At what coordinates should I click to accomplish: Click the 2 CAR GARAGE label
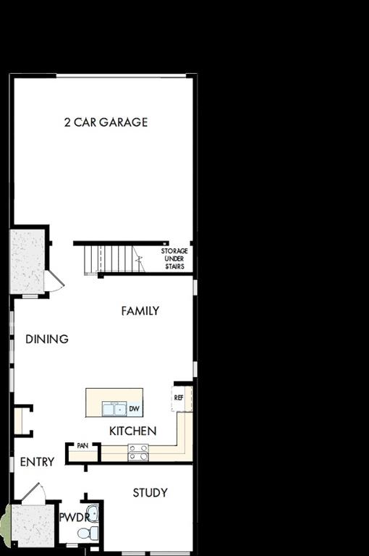(x=106, y=122)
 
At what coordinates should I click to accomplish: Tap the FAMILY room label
(x=140, y=311)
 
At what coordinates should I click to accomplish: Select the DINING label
(x=47, y=339)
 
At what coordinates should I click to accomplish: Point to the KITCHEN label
(x=132, y=431)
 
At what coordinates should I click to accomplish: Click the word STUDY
(x=150, y=493)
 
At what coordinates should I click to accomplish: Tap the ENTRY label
(x=37, y=462)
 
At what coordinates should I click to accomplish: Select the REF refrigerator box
(x=179, y=397)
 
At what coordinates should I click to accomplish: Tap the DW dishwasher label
(x=134, y=410)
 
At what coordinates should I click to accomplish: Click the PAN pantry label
(x=82, y=446)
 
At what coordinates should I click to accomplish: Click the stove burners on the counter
(x=138, y=452)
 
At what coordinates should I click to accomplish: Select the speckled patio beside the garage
(x=27, y=261)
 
